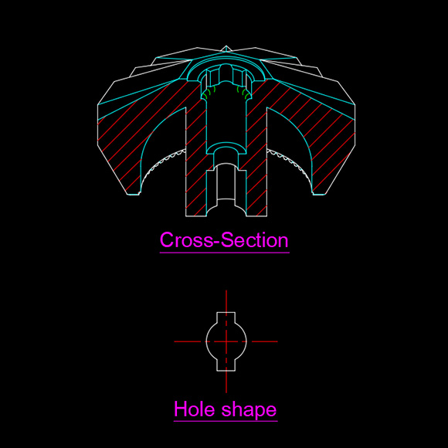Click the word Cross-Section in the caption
[x=224, y=240]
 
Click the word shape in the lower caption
[x=249, y=411]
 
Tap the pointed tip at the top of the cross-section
[x=226, y=46]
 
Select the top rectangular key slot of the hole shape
[x=226, y=317]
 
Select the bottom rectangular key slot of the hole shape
[x=226, y=365]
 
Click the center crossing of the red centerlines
[x=226, y=341]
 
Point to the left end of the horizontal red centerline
[x=175, y=341]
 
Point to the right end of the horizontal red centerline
[x=277, y=341]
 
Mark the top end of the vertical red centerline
[x=226, y=290]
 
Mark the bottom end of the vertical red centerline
[x=226, y=393]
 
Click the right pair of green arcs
[x=243, y=92]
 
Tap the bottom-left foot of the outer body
[x=133, y=195]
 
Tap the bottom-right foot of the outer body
[x=319, y=195]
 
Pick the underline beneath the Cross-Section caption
[x=225, y=253]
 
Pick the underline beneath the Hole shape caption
[x=226, y=421]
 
